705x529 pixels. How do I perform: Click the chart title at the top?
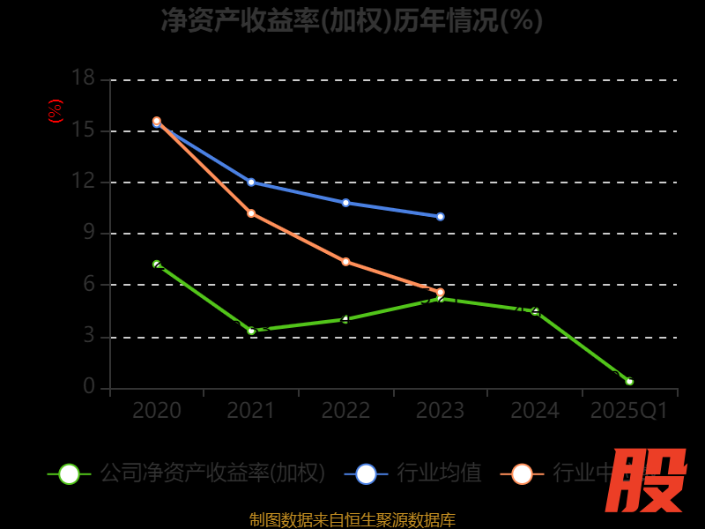(x=352, y=20)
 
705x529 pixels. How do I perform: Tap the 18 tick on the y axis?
(x=83, y=78)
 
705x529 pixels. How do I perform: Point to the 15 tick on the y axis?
(x=83, y=130)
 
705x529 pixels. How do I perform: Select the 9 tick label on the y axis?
(x=89, y=233)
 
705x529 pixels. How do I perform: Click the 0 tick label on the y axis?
(x=89, y=386)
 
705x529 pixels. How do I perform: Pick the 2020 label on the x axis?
(x=157, y=411)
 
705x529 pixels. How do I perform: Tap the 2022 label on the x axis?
(x=345, y=411)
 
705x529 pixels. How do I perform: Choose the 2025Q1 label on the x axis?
(x=629, y=411)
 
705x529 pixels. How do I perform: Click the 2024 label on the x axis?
(x=535, y=411)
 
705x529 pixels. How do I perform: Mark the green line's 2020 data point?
(x=157, y=264)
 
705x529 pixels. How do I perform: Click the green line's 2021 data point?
(x=251, y=331)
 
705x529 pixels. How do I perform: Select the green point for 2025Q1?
(x=629, y=381)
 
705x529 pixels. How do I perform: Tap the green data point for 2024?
(x=535, y=311)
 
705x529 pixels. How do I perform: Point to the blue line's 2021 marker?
(x=251, y=183)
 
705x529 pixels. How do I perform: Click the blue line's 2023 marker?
(x=441, y=216)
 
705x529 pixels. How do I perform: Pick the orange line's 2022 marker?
(x=345, y=262)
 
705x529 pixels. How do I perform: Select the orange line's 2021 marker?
(x=251, y=213)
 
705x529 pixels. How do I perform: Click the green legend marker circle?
(x=69, y=473)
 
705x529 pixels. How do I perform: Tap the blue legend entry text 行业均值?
(x=439, y=473)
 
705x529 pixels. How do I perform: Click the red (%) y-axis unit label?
(x=56, y=111)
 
